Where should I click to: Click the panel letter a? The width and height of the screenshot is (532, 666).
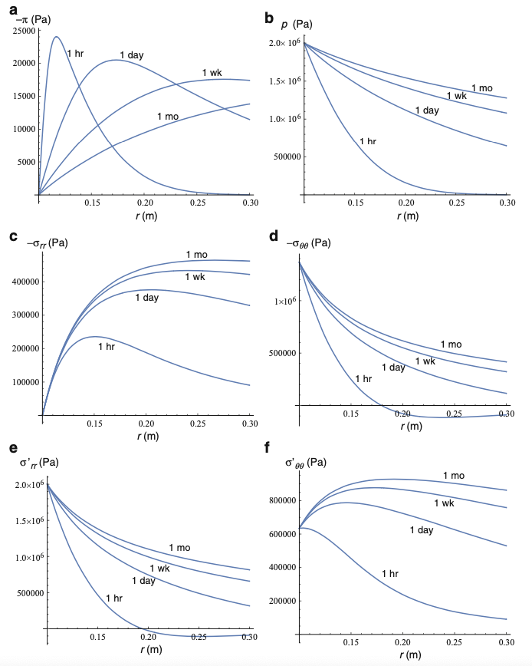14,9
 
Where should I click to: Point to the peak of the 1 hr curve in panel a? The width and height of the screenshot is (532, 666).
56,37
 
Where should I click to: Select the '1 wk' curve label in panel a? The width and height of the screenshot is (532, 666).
212,73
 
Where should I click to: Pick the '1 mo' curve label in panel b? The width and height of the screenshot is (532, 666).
481,88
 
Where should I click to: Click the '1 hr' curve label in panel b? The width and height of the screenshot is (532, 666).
368,141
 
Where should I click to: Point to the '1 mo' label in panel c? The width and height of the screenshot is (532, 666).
196,255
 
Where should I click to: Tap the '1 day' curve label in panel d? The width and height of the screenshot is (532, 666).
392,368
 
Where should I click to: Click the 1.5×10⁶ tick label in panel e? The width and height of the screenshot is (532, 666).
28,522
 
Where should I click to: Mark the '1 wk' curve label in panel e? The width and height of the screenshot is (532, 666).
159,569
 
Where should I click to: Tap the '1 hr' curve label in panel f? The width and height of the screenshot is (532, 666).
390,574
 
